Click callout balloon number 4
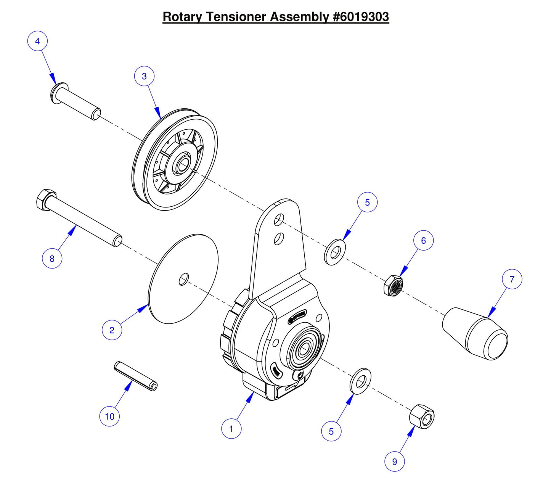[x=37, y=41]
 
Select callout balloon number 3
[x=144, y=76]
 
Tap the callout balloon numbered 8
[x=52, y=259]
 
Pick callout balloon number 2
[x=112, y=330]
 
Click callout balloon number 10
[x=109, y=416]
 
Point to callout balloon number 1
[x=231, y=429]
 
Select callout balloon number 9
[x=394, y=461]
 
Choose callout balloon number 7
[x=512, y=279]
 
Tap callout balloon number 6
[x=423, y=241]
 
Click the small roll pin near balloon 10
[x=136, y=376]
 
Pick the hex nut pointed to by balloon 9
[x=422, y=416]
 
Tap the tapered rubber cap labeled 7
[x=475, y=334]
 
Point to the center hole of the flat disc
[x=183, y=279]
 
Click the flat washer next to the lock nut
[x=335, y=252]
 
